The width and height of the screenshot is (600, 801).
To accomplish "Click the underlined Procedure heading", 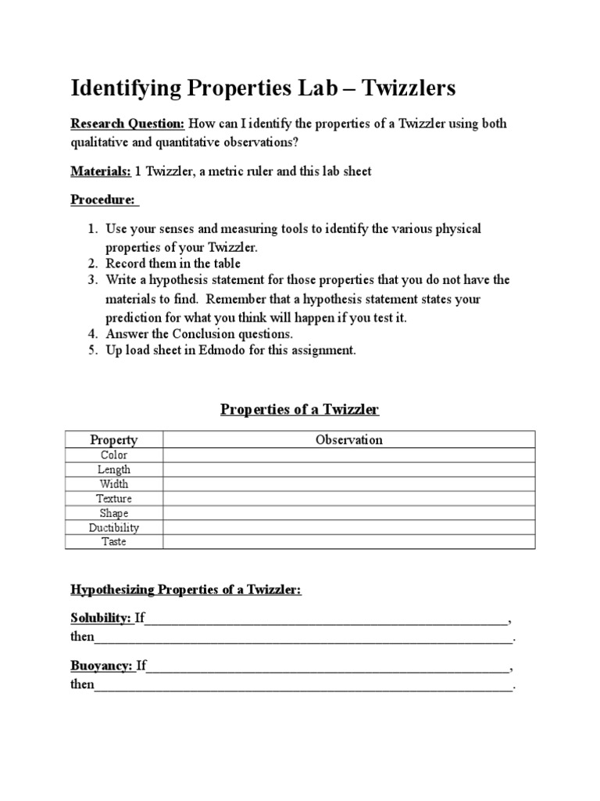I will (104, 199).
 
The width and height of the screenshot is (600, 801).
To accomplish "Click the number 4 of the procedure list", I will (91, 334).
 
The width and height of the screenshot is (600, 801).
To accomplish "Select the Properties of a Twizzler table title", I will (299, 410).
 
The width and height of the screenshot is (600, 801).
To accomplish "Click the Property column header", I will (114, 440).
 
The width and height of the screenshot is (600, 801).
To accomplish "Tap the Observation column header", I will (348, 440).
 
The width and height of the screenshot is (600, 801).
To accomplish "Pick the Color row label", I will (114, 454).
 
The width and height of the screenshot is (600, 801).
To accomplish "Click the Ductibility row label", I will (114, 527).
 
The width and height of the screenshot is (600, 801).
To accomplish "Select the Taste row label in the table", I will (114, 541).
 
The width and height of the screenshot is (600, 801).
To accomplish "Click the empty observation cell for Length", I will (348, 469).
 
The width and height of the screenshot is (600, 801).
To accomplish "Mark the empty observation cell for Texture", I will (348, 498).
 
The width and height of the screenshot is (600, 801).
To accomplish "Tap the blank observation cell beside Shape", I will (348, 513).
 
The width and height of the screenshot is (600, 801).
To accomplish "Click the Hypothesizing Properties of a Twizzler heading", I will (186, 590).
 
